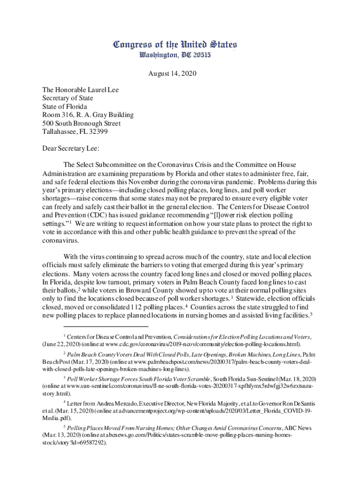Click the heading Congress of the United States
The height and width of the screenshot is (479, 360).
pyautogui.click(x=175, y=45)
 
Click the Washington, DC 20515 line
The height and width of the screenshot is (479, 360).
pyautogui.click(x=175, y=55)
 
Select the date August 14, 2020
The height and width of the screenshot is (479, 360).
pyautogui.click(x=173, y=73)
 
